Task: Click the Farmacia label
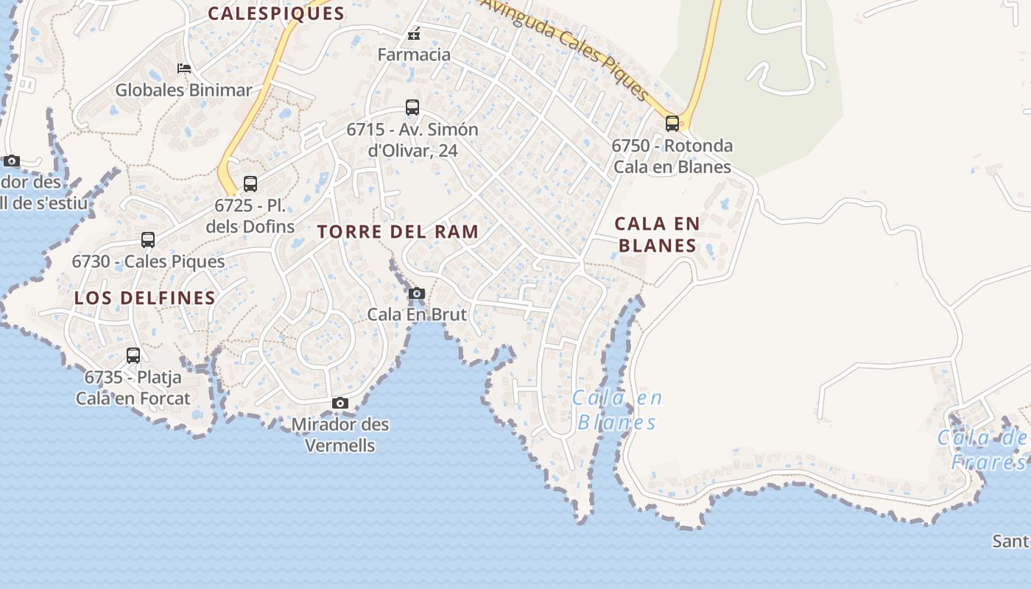pos(414,54)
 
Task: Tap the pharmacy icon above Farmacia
pos(415,33)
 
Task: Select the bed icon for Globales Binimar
pos(184,68)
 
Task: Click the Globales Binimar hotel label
pos(183,91)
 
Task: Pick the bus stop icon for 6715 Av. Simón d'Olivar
pos(412,107)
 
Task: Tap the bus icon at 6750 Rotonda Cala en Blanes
pos(672,123)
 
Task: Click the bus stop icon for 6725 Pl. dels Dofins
pos(250,184)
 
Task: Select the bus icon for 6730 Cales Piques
pos(148,240)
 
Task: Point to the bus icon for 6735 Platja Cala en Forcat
pos(133,356)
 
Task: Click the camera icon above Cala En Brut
pos(417,294)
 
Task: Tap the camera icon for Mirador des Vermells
pos(340,403)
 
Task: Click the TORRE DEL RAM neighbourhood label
pos(398,232)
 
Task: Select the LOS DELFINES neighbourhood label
pos(145,298)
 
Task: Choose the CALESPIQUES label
pos(276,13)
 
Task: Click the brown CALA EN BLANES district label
pos(657,234)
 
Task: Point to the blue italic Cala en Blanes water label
pos(617,410)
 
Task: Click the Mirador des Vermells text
pos(340,434)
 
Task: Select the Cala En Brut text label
pos(417,314)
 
